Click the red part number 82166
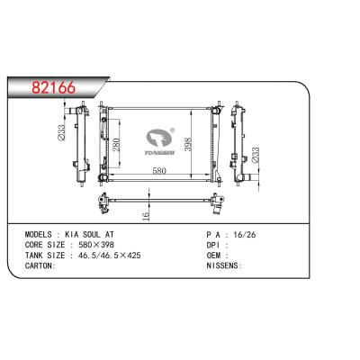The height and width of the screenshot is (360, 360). pos(54,87)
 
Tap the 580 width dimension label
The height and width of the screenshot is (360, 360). pos(159,171)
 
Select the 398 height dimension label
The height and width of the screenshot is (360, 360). pos(188,144)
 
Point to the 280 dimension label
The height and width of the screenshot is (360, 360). pos(116,145)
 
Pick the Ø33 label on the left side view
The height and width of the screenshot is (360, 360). pos(61,133)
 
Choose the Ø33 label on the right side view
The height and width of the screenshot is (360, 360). pos(255,155)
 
